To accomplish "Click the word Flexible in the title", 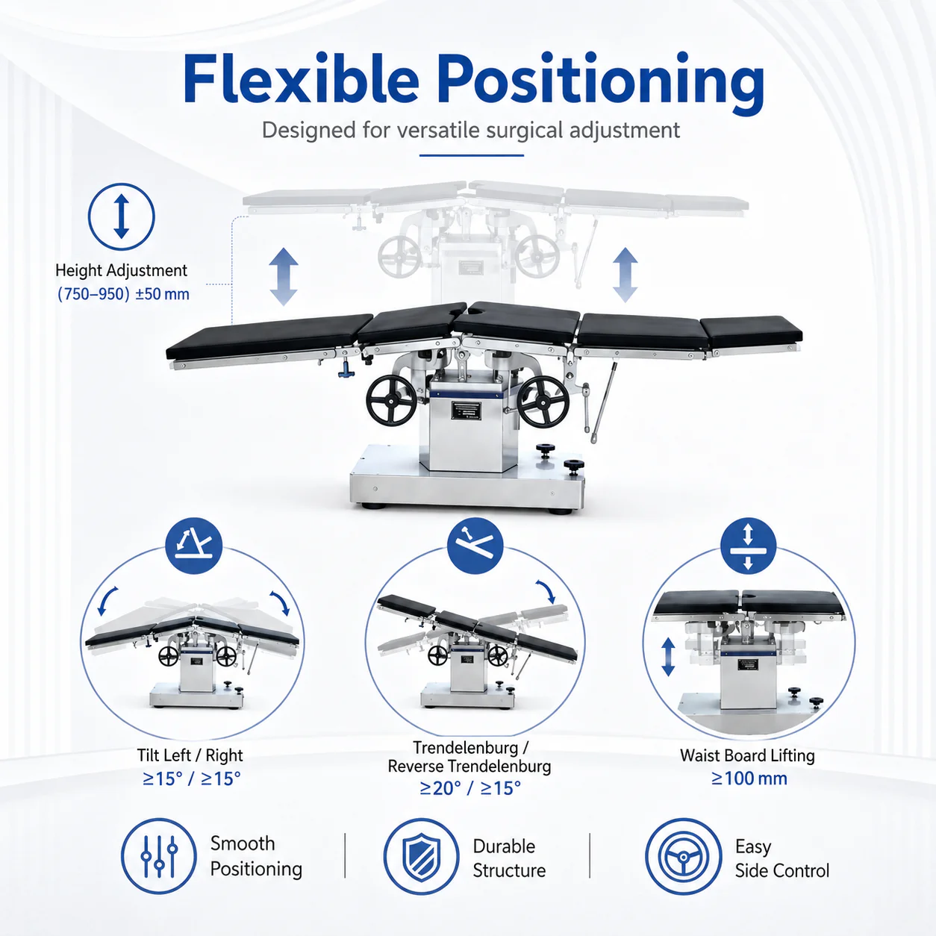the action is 301,78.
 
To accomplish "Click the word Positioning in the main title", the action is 601,84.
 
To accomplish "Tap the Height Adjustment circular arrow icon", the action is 122,216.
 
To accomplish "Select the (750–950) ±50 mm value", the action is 123,294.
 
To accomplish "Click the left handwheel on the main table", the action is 392,402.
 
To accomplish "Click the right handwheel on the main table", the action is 543,402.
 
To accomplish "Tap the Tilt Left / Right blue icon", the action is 193,546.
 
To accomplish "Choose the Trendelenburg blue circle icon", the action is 475,546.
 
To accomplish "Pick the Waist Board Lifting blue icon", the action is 748,546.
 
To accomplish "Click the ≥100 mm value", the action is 749,779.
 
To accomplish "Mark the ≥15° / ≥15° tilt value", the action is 191,779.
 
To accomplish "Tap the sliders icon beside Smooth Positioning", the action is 159,856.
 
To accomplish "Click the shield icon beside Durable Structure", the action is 421,856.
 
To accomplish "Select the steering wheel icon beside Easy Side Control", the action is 684,856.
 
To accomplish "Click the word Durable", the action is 504,846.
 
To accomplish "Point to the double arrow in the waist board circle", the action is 668,657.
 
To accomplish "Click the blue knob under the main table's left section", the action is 346,369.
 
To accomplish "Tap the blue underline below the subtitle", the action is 471,155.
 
